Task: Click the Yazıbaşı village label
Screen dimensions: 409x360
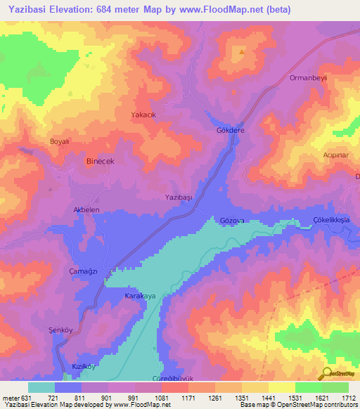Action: (x=178, y=198)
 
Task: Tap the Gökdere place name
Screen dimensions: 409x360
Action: (x=229, y=131)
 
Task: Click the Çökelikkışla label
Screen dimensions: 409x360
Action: (x=335, y=220)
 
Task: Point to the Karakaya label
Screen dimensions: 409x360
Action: (x=140, y=297)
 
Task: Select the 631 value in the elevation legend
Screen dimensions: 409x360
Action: (x=25, y=398)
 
